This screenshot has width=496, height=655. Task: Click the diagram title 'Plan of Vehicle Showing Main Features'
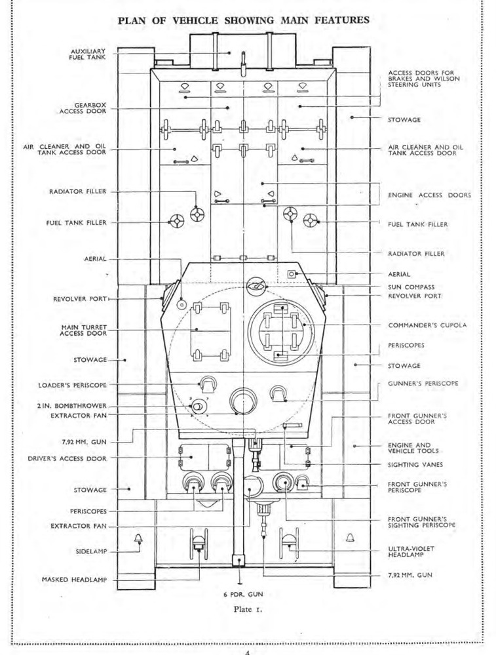pos(243,20)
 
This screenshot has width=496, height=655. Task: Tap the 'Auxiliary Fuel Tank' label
pos(88,54)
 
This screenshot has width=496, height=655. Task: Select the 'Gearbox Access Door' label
pos(83,108)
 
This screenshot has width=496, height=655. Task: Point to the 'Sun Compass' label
pos(411,287)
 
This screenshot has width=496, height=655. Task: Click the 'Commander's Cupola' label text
pos(427,325)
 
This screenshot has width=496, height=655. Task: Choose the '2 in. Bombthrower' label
pos(71,406)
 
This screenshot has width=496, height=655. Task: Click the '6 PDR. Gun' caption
pos(243,594)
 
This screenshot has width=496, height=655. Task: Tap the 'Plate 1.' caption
pos(248,609)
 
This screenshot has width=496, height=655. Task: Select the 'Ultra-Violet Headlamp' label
pos(411,551)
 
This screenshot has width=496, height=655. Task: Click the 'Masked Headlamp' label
pos(74,580)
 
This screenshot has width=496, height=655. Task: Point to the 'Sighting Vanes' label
pos(415,464)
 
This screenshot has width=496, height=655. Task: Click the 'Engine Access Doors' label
pos(429,195)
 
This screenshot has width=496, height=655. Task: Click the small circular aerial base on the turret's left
pos(181,304)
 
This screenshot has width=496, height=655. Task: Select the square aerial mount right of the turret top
pos(292,274)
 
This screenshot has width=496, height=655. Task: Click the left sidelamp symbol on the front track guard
pos(138,538)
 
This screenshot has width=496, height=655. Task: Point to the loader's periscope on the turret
pos(207,384)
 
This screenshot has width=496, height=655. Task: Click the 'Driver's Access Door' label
pos(67,458)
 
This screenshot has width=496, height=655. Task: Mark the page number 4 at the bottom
pos(248,652)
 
